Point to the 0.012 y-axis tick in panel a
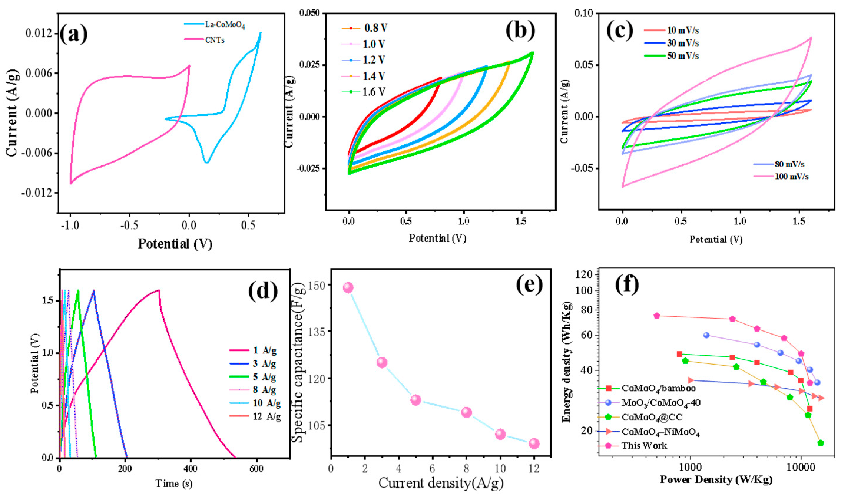pos(39,33)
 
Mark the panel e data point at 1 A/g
pos(348,287)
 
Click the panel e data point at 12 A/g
pos(534,444)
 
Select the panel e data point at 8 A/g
pos(467,412)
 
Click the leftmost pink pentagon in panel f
pos(657,316)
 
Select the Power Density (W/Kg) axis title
pos(716,479)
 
